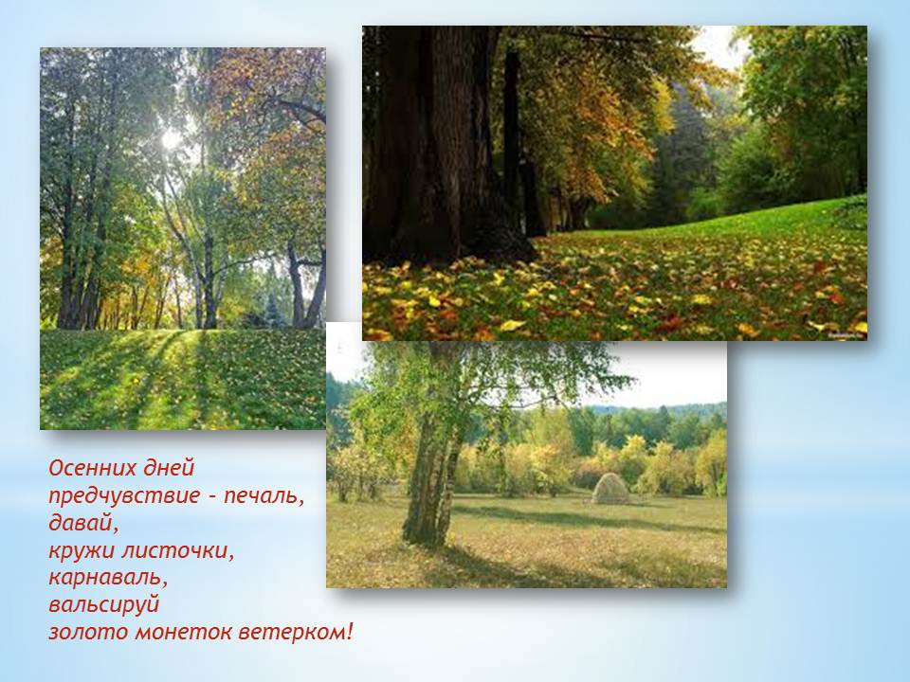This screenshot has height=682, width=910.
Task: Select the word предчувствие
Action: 124,496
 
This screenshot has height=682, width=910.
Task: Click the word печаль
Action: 264,496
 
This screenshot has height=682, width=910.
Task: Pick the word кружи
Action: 80,551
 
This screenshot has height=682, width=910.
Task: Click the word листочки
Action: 177,551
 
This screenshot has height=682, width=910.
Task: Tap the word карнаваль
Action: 108,578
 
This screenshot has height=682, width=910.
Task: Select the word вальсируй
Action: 104,605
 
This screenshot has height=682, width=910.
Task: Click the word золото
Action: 87,632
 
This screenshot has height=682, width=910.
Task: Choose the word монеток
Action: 183,632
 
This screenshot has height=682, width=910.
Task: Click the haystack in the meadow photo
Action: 610,489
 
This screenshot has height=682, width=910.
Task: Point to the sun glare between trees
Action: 172,138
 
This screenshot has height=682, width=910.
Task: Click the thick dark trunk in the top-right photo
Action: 446,145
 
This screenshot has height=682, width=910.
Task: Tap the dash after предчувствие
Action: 211,498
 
